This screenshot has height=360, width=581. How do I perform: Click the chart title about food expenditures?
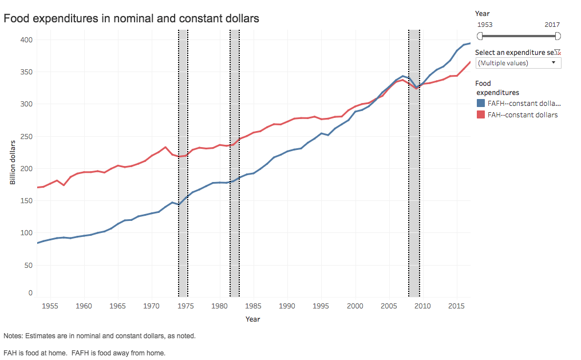(x=132, y=18)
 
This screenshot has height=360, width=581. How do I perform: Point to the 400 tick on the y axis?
(x=27, y=39)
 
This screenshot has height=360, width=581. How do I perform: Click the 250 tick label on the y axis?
(x=27, y=136)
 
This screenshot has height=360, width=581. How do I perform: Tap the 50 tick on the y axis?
(x=29, y=265)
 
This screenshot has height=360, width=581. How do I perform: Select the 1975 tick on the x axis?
(x=185, y=306)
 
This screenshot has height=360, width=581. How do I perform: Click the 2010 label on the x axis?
(x=422, y=306)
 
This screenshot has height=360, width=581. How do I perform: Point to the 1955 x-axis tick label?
(x=50, y=306)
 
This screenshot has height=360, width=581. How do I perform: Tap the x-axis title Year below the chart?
(x=252, y=319)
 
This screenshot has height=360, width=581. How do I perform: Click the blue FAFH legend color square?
(x=481, y=104)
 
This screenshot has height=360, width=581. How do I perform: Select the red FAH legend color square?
(x=481, y=114)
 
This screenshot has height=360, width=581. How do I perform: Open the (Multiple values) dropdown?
(x=518, y=62)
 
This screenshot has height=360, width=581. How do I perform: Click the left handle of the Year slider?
(x=480, y=36)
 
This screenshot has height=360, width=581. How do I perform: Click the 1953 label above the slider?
(x=485, y=25)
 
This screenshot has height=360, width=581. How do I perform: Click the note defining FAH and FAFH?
(x=84, y=353)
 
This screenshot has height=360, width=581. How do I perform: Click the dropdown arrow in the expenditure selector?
(x=554, y=62)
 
